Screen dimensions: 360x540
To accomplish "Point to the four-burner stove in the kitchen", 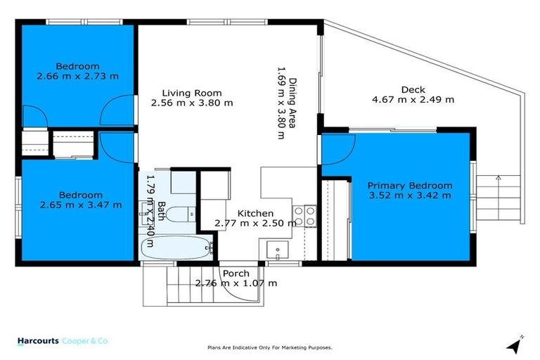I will click(x=304, y=216).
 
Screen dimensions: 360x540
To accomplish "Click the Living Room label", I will click(x=192, y=93).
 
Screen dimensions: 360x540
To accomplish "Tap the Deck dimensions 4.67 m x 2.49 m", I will click(x=413, y=100).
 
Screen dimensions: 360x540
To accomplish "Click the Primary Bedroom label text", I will click(x=410, y=186).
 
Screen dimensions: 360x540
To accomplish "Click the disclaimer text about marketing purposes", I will click(x=269, y=347).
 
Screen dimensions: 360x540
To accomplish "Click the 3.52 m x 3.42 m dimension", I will click(x=410, y=195).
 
